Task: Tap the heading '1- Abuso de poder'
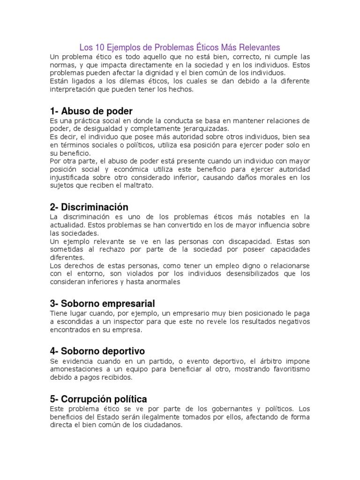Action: [x=91, y=111]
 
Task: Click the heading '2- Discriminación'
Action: [x=89, y=207]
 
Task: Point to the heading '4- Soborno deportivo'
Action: [x=97, y=351]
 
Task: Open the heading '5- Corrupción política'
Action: [x=98, y=399]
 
